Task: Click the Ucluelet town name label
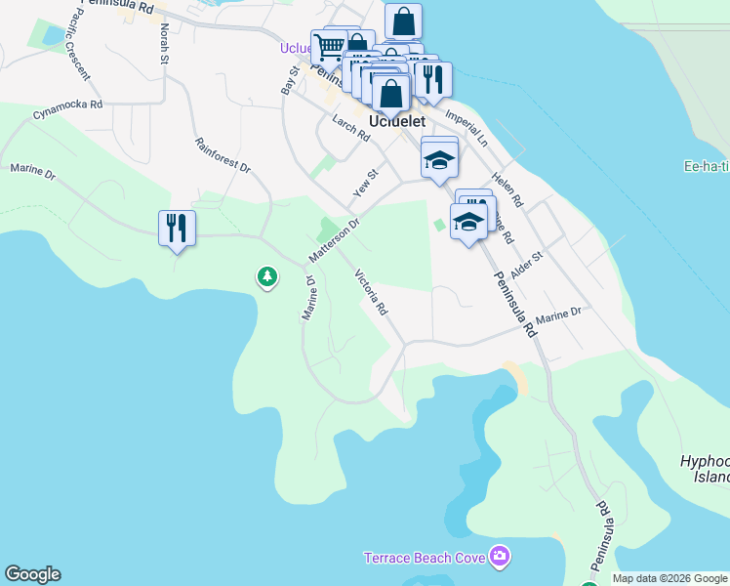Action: (x=397, y=122)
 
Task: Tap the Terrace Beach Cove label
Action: (x=426, y=558)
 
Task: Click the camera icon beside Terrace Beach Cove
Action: (x=500, y=557)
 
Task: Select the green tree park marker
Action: (x=266, y=277)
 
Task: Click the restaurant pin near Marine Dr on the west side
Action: (x=177, y=229)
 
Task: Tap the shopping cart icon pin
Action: (x=329, y=45)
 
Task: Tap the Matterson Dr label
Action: (x=335, y=239)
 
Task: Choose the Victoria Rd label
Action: (x=372, y=292)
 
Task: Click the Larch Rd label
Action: (x=350, y=129)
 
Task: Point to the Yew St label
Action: (x=365, y=179)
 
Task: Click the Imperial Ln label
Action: (x=466, y=127)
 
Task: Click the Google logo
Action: (x=32, y=574)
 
